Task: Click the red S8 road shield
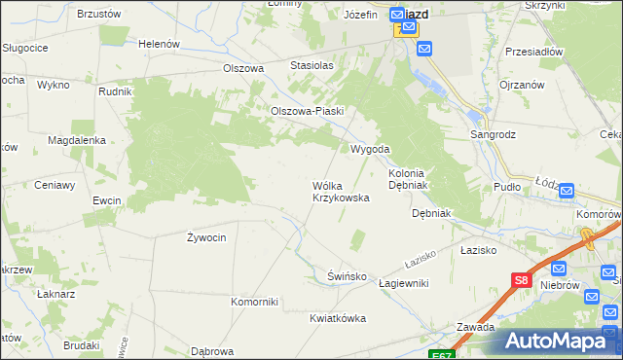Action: (521, 281)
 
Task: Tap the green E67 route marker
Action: (440, 355)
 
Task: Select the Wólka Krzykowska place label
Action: (340, 191)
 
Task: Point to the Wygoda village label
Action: (370, 149)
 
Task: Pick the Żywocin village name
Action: (206, 236)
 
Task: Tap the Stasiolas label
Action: (311, 65)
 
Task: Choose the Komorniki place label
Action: (255, 301)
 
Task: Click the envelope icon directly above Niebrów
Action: (558, 269)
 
